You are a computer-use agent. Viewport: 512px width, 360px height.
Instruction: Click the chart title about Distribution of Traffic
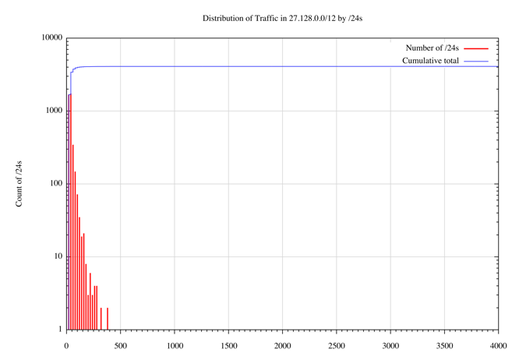coord(283,18)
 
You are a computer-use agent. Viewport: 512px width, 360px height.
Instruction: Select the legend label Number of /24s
coord(433,48)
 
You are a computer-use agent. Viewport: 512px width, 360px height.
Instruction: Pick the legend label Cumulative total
coord(430,60)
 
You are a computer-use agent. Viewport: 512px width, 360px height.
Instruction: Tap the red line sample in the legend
coord(476,48)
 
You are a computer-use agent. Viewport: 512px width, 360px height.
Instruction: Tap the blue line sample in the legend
coord(476,60)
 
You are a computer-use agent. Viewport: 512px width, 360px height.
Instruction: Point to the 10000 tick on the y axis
coord(51,37)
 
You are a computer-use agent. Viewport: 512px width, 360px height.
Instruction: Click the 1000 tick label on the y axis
coord(54,111)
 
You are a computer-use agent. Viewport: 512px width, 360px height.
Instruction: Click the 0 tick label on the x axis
coord(67,344)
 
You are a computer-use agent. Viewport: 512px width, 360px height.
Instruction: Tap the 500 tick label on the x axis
coord(121,344)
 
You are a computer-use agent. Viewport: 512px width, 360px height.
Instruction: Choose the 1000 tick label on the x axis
coord(175,344)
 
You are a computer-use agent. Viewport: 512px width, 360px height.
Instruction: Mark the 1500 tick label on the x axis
coord(228,344)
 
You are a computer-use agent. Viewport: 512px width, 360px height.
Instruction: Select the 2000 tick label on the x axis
coord(282,344)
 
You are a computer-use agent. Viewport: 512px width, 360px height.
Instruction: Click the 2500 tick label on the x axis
coord(337,344)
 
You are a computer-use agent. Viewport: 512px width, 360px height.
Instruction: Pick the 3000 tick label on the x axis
coord(390,344)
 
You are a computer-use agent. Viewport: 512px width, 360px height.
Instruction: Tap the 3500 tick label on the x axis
coord(444,344)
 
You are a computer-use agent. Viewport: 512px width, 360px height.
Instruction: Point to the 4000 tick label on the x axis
coord(498,344)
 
